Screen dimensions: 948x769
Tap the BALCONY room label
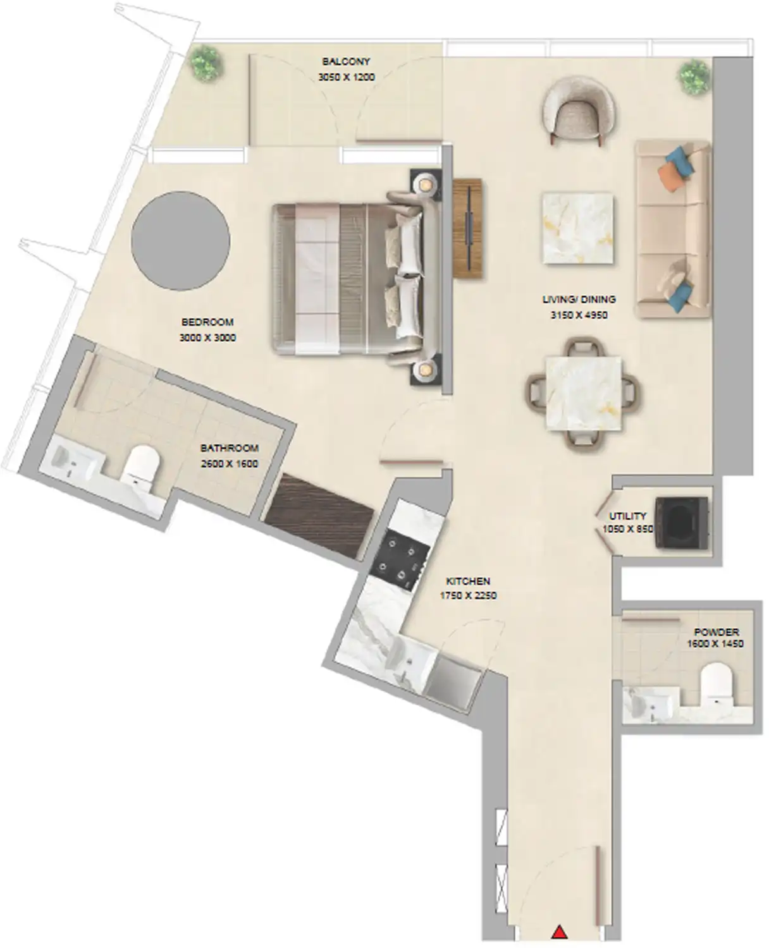346,62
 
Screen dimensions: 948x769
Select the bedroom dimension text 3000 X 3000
207,338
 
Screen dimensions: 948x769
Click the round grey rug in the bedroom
180,241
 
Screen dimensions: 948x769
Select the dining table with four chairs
582,394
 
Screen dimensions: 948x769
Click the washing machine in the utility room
682,522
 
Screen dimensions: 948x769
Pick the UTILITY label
627,516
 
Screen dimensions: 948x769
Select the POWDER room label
716,631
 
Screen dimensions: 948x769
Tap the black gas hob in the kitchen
401,559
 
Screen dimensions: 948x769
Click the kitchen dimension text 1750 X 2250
468,595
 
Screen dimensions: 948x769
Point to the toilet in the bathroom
140,468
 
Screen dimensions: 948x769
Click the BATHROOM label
230,448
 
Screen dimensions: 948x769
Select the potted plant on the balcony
206,63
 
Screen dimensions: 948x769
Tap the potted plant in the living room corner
694,76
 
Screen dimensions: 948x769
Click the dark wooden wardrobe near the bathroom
319,516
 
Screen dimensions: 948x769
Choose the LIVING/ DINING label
579,300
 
